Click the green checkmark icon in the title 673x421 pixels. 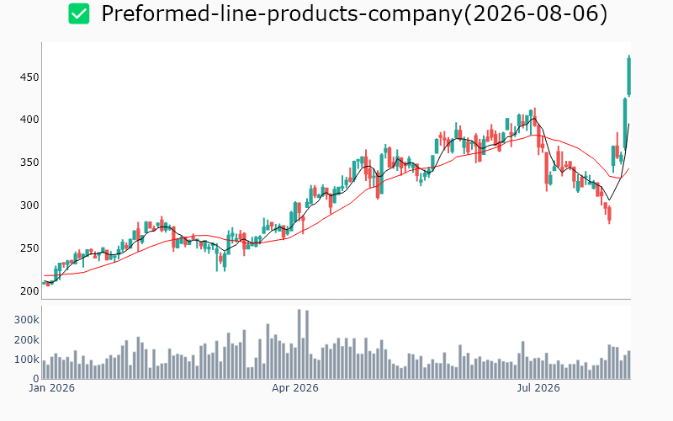[79, 13]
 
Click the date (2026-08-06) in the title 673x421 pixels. [536, 13]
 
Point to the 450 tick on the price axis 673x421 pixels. [29, 77]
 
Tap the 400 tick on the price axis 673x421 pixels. [29, 120]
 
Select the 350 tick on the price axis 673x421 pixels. [29, 163]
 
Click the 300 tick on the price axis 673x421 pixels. [29, 205]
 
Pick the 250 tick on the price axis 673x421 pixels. [29, 248]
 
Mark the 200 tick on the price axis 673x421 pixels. [29, 290]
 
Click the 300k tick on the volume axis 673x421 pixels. [27, 320]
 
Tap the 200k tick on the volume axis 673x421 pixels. [27, 340]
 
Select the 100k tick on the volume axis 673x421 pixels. [27, 360]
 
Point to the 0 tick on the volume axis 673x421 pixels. [36, 378]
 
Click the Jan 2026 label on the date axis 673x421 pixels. [51, 388]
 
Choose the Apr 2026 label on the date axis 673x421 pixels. [295, 388]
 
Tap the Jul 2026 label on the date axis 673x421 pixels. [538, 388]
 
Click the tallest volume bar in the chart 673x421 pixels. [299, 344]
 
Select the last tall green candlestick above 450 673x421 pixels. [628, 76]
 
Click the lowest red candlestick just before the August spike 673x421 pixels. [609, 215]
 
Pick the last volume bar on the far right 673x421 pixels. [628, 365]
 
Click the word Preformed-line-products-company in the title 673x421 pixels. [282, 13]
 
